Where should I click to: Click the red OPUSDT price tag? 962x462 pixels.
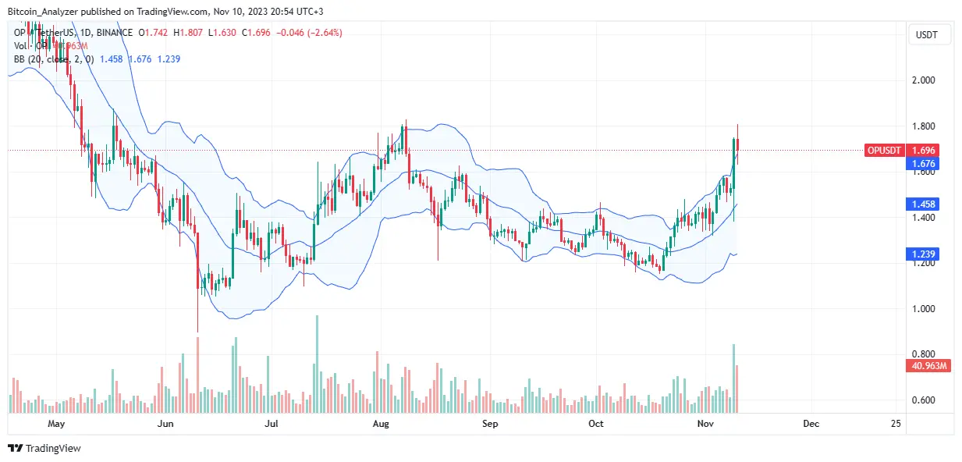coord(886,150)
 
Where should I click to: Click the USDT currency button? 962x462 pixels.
coord(927,35)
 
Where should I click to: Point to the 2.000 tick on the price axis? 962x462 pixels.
coord(925,80)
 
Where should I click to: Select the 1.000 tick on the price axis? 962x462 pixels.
coord(925,309)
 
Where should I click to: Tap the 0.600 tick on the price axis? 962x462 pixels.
coord(925,400)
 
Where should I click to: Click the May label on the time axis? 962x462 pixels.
coord(55,424)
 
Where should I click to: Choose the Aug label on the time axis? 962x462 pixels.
coord(380,424)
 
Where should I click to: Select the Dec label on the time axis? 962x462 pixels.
coord(811,424)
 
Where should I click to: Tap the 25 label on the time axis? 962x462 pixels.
coord(895,424)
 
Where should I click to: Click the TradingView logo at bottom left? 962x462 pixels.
coord(44,448)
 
